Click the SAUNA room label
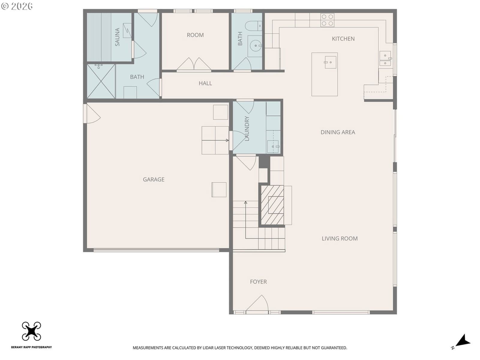tap(117, 37)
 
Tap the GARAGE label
tap(154, 179)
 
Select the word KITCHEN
tap(343, 39)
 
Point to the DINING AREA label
tap(337, 132)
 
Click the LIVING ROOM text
tap(339, 238)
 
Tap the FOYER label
tap(258, 282)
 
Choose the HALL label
tap(205, 83)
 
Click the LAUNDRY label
tap(247, 128)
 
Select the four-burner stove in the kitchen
tap(327, 20)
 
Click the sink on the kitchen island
tap(330, 62)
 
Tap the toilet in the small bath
tap(253, 26)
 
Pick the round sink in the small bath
tap(255, 46)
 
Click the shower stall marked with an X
tap(101, 81)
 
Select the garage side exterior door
tap(92, 113)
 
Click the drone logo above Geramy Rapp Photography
tap(31, 331)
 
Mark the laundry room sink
tap(273, 146)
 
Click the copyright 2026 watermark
tap(17, 6)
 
